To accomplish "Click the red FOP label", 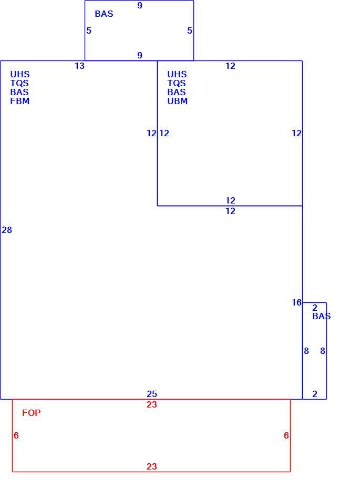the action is tap(31, 413).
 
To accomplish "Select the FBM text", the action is tap(19, 101).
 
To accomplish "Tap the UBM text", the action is tap(177, 101).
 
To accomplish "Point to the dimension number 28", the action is tap(7, 230).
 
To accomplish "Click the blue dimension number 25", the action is tap(152, 394).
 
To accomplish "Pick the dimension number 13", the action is tap(79, 66).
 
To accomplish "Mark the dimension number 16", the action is tap(297, 302).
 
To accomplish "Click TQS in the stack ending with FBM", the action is tap(19, 83).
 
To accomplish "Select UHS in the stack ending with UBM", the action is tap(177, 74).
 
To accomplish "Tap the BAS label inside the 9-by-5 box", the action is tap(104, 14).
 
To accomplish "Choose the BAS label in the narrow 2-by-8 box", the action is tap(321, 316).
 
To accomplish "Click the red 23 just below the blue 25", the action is tap(152, 404).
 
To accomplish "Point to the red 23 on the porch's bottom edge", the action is tap(152, 466).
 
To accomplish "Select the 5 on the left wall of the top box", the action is tap(89, 30).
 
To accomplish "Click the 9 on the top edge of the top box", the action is tap(140, 5).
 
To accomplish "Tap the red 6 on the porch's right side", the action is tap(286, 435).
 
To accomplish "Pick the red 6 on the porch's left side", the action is tap(16, 435).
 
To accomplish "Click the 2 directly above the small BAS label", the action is tap(315, 308).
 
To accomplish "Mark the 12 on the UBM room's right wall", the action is tap(297, 133).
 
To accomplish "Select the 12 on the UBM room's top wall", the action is tap(230, 66).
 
